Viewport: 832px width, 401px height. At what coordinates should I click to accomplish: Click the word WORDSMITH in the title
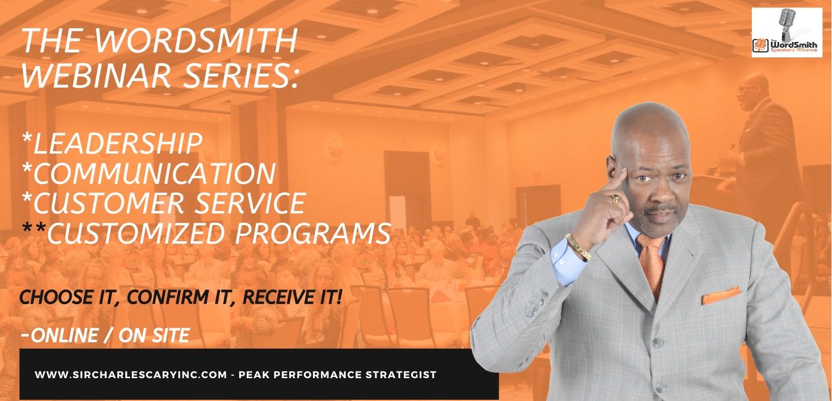click(196, 41)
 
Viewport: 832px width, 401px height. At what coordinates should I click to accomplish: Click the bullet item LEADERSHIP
click(113, 144)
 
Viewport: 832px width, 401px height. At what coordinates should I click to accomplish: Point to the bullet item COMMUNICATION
click(149, 173)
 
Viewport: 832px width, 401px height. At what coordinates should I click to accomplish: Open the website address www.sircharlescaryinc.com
click(131, 374)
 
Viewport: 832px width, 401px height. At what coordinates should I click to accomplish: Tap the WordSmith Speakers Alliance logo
click(787, 32)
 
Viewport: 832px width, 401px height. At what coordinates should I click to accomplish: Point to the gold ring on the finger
click(615, 199)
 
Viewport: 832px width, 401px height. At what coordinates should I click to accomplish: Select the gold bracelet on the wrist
click(578, 246)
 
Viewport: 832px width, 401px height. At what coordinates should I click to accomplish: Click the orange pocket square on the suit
click(721, 296)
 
